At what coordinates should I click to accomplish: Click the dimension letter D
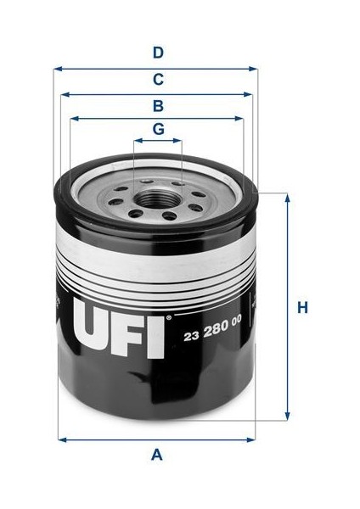[x=158, y=53]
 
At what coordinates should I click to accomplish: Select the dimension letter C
[x=158, y=81]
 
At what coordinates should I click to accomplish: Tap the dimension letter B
[x=158, y=106]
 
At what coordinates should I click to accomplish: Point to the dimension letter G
[x=158, y=130]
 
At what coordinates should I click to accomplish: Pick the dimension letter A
[x=156, y=456]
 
